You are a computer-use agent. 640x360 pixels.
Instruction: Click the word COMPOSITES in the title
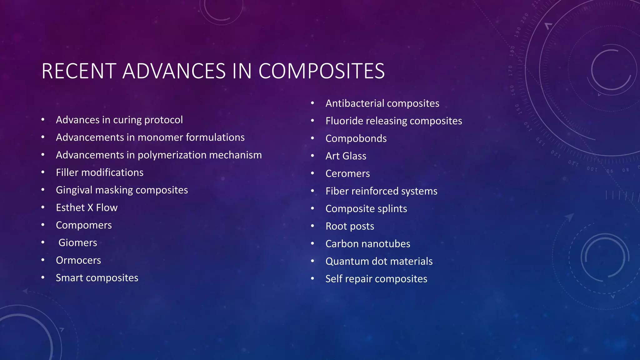pos(322,71)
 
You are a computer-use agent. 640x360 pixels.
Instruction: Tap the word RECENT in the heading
pos(79,71)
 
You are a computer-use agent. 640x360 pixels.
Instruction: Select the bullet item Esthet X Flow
pos(87,207)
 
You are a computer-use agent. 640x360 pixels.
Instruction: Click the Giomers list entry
pos(77,242)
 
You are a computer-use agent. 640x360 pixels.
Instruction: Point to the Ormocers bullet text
pos(78,260)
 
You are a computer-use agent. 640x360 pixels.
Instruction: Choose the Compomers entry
pos(84,225)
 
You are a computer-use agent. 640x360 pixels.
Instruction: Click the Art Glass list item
pos(346,156)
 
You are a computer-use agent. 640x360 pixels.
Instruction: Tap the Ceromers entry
pos(347,173)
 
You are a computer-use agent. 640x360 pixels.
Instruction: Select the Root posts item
pos(350,226)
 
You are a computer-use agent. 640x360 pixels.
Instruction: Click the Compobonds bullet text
pos(356,138)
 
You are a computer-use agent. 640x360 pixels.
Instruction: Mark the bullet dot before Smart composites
pos(43,277)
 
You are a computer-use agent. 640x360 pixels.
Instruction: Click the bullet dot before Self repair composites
pos(312,278)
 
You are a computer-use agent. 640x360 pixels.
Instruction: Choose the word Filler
pos(67,172)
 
